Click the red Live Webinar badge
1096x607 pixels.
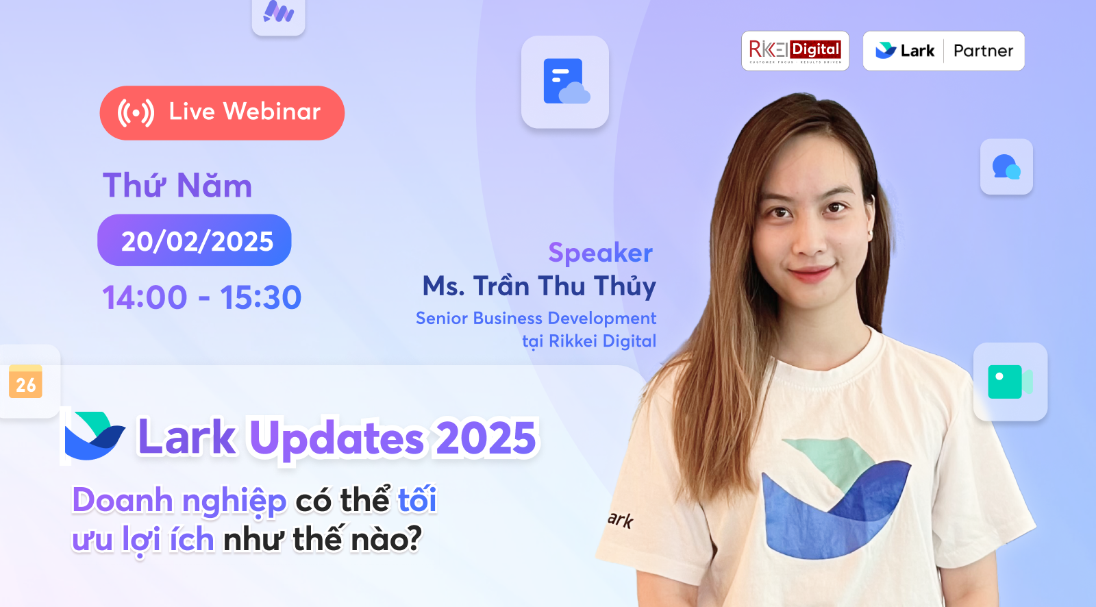(222, 113)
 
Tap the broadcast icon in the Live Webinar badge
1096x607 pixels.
(136, 112)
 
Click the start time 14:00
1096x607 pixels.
(145, 297)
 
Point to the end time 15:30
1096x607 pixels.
(260, 297)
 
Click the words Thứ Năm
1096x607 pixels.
(177, 186)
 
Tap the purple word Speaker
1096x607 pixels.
(600, 253)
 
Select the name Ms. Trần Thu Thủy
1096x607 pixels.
(539, 286)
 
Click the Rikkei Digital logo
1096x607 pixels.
(795, 51)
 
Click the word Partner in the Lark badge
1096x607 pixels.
(983, 51)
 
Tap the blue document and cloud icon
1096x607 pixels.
(565, 82)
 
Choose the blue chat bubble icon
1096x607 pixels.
(1006, 166)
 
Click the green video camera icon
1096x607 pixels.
(1010, 382)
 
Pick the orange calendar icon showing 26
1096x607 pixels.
(26, 382)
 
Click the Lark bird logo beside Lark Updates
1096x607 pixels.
(95, 436)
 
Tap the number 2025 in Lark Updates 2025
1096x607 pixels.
(486, 438)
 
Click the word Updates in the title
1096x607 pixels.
(336, 438)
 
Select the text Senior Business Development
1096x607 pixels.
(536, 318)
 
